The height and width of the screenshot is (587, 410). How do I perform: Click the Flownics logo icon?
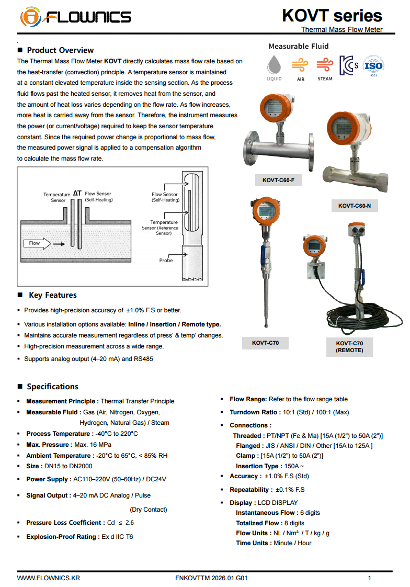click(x=30, y=17)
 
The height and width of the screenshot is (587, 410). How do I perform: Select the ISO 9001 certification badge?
click(x=373, y=66)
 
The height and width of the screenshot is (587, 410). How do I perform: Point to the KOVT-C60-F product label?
click(x=278, y=180)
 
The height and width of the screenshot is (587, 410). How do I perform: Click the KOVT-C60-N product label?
click(x=354, y=206)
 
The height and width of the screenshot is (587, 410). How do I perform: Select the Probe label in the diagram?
click(x=166, y=260)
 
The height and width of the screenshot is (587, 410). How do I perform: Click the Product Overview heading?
click(x=60, y=50)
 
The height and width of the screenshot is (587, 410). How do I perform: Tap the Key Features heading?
click(x=53, y=295)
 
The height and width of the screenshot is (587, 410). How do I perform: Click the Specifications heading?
click(x=52, y=387)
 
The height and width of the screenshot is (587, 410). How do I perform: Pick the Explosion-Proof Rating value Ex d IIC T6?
click(x=117, y=537)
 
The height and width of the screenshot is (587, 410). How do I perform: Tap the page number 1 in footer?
click(x=370, y=578)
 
